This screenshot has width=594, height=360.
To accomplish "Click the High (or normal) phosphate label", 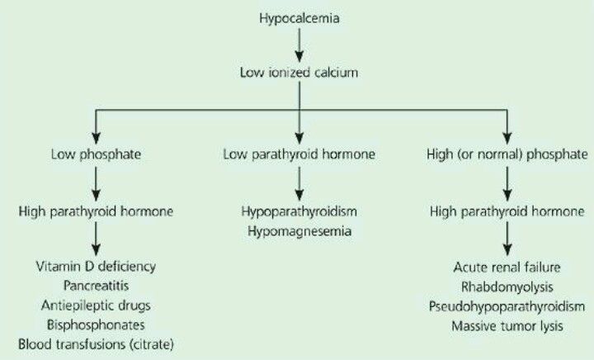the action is point(507,154).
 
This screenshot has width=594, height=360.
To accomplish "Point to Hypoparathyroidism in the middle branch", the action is point(298,211).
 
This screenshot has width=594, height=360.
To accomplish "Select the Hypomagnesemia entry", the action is point(298,231).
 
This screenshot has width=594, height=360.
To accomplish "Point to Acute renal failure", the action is point(507,268).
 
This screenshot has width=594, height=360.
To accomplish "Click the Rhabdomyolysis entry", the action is point(507,287).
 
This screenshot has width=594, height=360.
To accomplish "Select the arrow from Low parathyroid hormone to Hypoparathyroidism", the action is point(298,182).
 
